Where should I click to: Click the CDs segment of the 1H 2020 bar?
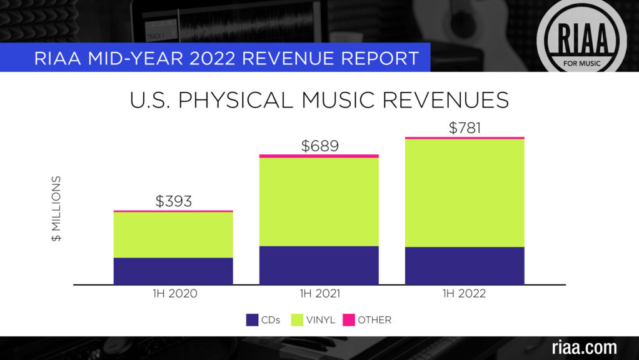coord(173,271)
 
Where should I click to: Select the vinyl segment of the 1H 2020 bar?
coord(173,235)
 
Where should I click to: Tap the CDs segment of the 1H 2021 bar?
coord(319,265)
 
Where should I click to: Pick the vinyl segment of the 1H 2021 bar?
coord(319,201)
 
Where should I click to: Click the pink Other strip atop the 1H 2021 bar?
coord(319,156)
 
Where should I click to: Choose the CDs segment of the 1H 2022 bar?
coord(465,266)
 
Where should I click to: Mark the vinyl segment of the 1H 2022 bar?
coord(465,192)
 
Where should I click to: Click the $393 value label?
coord(173,201)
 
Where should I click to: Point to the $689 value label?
coord(319,146)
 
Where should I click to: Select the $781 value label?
coord(465,128)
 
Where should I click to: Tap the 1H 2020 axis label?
coord(173,293)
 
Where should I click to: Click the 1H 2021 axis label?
coord(319,293)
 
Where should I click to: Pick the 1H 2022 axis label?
coord(465,293)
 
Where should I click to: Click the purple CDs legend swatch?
coord(252,320)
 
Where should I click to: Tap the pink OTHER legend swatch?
coord(348,320)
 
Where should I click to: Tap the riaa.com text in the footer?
coord(584,347)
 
